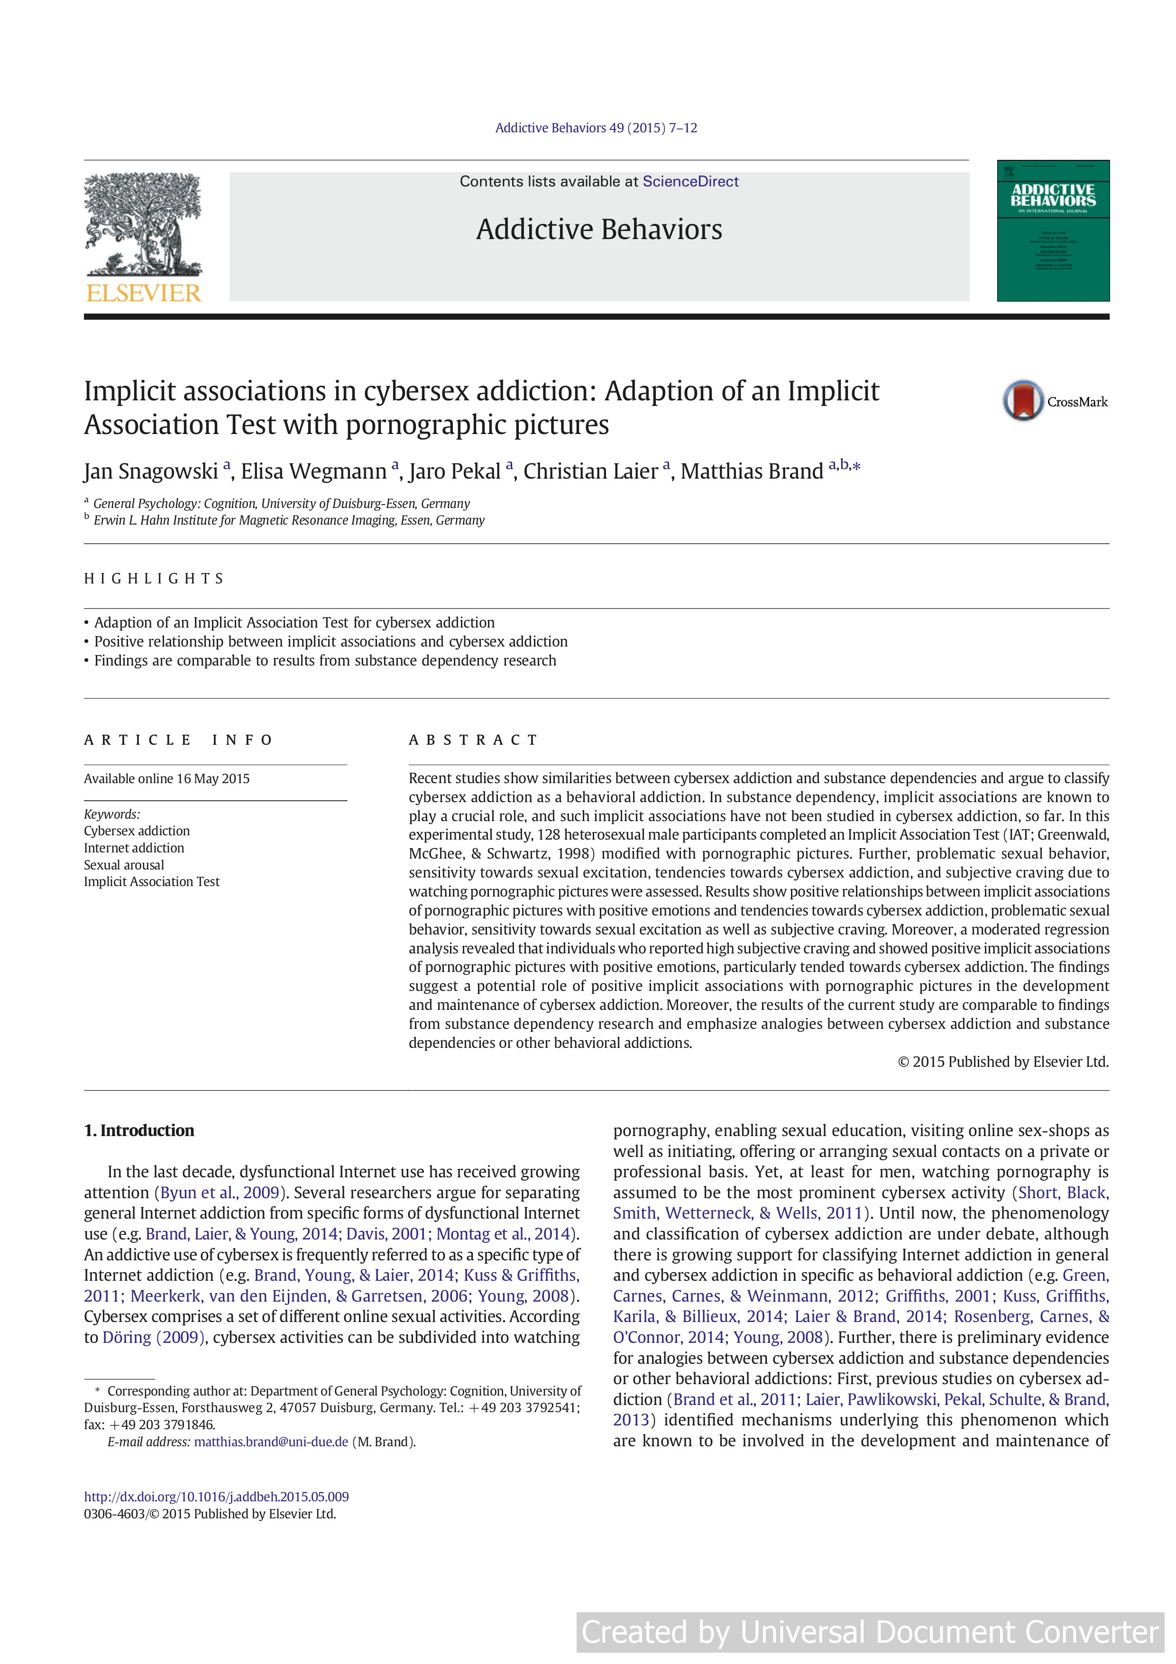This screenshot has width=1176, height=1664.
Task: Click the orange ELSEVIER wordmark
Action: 144,293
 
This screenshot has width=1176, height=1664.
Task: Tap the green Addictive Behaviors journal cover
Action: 1053,231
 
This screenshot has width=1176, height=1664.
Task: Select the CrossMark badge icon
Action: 1022,401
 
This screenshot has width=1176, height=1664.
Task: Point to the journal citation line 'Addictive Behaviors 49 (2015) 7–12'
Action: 596,128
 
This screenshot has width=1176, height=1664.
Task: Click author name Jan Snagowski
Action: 151,471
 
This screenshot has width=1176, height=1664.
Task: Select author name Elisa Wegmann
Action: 314,471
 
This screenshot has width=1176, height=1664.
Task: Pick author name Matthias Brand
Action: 752,471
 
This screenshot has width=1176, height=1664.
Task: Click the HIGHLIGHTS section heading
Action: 154,578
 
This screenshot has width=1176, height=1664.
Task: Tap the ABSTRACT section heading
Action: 473,740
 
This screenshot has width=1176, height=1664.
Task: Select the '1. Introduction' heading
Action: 139,1130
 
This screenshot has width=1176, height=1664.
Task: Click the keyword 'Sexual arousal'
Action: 124,865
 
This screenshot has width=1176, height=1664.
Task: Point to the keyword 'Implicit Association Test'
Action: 151,881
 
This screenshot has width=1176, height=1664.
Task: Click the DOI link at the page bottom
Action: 216,1497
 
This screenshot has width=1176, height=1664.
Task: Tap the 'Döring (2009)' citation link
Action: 154,1337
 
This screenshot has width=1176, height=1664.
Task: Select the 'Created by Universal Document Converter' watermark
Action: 870,1632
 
